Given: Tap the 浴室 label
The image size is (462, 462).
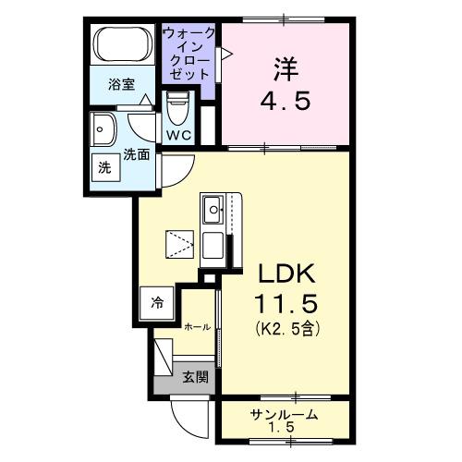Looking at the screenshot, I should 124,84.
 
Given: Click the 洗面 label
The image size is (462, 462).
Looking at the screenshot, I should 139,156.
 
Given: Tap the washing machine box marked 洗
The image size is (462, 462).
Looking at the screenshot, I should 103,169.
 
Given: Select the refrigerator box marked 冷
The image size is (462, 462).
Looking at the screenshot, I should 157,302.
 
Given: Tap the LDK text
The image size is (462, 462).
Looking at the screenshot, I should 286,274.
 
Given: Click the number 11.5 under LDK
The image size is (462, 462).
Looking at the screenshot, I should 286,303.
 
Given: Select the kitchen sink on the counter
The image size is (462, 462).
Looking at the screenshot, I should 213,212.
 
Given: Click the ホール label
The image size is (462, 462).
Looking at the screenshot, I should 196,327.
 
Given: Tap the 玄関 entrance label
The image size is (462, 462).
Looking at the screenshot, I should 194,377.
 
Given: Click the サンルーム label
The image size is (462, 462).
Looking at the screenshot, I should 285,414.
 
